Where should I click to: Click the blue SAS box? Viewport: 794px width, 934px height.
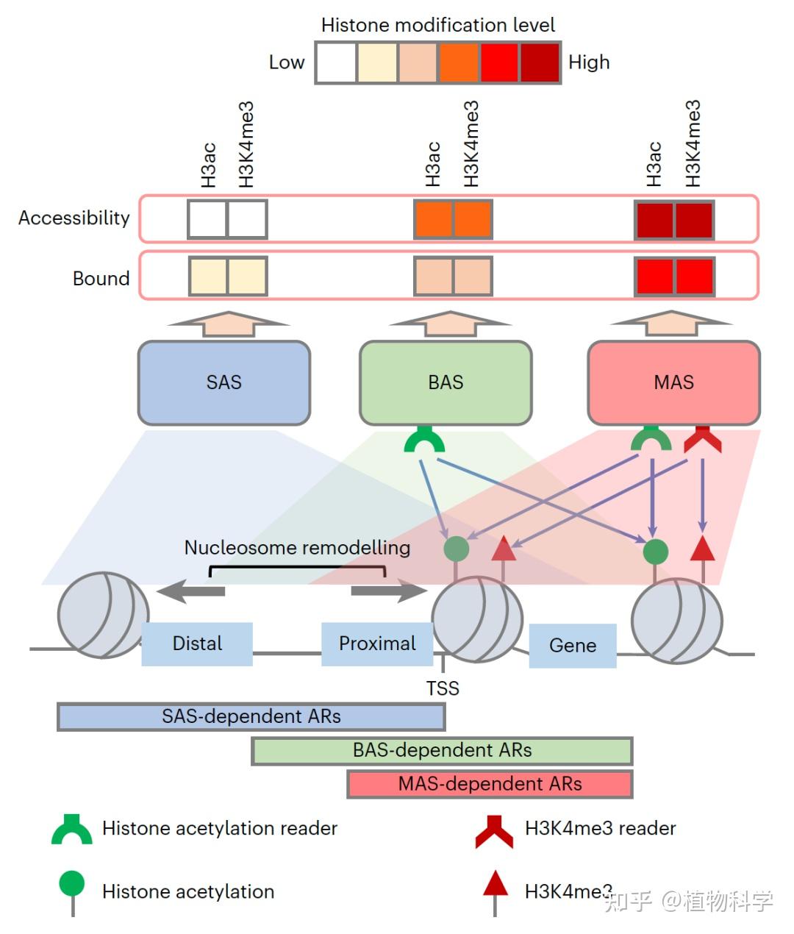pyautogui.click(x=223, y=382)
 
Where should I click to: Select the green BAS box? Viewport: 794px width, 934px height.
pyautogui.click(x=446, y=382)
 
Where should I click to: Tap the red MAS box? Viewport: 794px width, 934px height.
pyautogui.click(x=673, y=382)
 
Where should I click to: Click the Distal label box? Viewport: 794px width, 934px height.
pyautogui.click(x=197, y=644)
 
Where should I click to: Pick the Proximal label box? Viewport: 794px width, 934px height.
pyautogui.click(x=377, y=644)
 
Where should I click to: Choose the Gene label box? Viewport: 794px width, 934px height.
pyautogui.click(x=573, y=646)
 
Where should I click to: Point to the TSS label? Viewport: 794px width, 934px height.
pyautogui.click(x=443, y=688)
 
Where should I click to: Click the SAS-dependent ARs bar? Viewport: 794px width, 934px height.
pyautogui.click(x=251, y=717)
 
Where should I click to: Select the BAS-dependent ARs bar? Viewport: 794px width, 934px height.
pyautogui.click(x=442, y=751)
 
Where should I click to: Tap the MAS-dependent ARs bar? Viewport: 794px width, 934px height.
pyautogui.click(x=490, y=784)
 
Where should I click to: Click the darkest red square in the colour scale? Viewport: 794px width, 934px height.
pyautogui.click(x=540, y=63)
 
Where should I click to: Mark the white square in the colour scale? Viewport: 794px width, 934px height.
pyautogui.click(x=336, y=63)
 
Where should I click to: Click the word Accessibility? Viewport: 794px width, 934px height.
pyautogui.click(x=74, y=218)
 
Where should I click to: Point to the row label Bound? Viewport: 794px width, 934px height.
pyautogui.click(x=101, y=279)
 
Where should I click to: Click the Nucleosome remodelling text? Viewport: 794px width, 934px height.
pyautogui.click(x=297, y=548)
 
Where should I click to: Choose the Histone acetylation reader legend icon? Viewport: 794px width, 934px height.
pyautogui.click(x=72, y=830)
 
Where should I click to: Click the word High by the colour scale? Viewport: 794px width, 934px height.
pyautogui.click(x=589, y=63)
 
